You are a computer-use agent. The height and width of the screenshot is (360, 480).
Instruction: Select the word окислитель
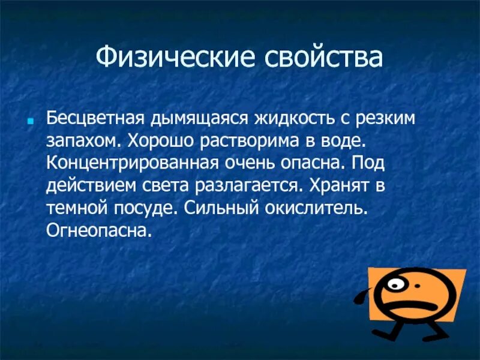[x=323, y=207]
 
